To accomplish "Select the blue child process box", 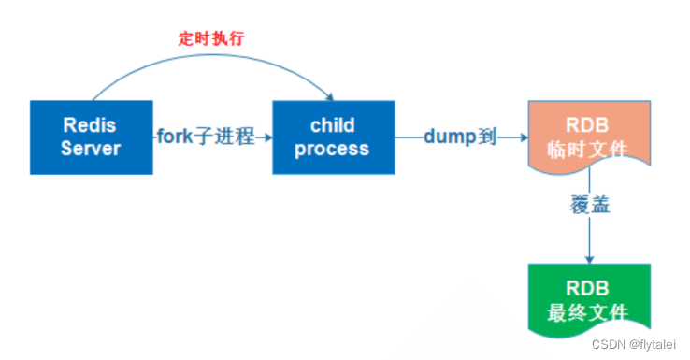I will [332, 137].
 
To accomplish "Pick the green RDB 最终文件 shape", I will [589, 299].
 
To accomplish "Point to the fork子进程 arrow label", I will [205, 137].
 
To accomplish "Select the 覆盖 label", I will [590, 205].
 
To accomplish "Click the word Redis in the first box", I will [89, 124].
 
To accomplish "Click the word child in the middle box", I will [332, 124].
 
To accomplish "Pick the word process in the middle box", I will [332, 148].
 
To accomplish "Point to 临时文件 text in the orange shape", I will [589, 148].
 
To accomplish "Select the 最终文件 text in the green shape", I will [589, 311].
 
